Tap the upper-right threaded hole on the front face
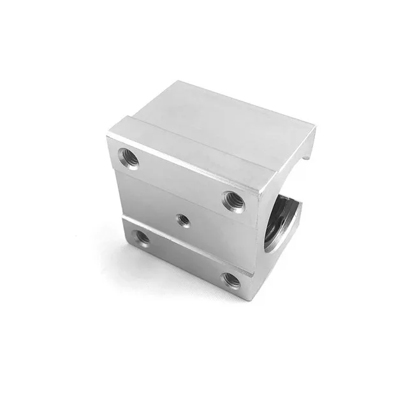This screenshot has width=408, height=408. click(231, 201)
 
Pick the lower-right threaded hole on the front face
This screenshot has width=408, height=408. click(231, 278)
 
